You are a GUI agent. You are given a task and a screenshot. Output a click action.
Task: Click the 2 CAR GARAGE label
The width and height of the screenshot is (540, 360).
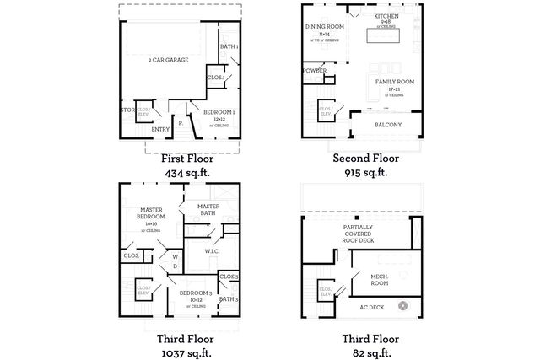[x=168, y=60]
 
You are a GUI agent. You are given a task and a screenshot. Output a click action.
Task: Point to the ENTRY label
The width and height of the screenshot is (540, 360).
[x=160, y=129]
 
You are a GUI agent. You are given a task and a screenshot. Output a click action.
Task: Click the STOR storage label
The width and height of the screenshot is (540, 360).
[x=127, y=110]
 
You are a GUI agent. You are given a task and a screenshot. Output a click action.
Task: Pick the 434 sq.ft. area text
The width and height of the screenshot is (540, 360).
[x=187, y=172]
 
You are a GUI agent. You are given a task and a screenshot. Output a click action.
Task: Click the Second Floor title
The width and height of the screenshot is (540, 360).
[x=364, y=158]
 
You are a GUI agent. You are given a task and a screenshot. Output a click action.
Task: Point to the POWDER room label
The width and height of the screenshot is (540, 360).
[x=314, y=71]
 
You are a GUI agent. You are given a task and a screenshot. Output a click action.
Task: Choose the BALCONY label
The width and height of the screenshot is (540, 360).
[x=389, y=125]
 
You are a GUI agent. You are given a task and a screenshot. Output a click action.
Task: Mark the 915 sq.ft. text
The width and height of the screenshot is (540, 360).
[x=364, y=172]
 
